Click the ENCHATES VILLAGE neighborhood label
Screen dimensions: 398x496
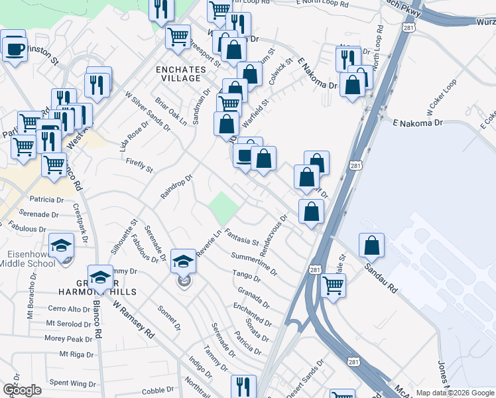tap(178, 74)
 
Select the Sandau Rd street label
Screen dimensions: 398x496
tap(379, 279)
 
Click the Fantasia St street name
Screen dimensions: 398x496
tap(241, 236)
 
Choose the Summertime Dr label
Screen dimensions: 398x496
tap(253, 263)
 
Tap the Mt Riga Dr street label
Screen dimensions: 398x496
tap(78, 354)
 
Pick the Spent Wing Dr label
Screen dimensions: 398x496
tap(73, 383)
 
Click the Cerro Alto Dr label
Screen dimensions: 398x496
tap(68, 309)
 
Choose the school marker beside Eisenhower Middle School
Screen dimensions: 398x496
tap(61, 245)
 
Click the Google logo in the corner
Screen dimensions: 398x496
tap(21, 390)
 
